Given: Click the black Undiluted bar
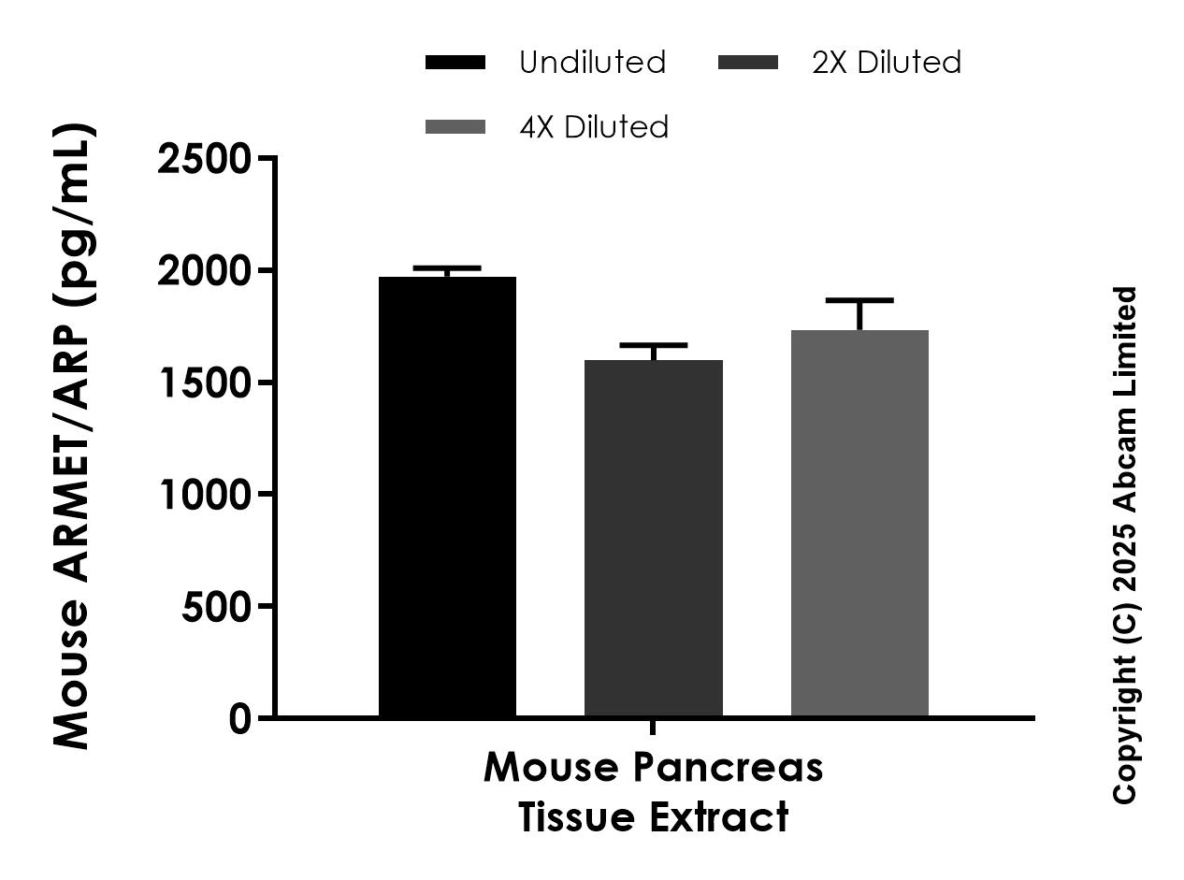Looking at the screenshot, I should (x=447, y=496).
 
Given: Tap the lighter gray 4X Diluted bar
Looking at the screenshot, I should (x=859, y=523).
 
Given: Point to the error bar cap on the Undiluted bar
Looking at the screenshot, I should (x=447, y=268).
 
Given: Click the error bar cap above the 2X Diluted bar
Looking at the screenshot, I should (x=653, y=345).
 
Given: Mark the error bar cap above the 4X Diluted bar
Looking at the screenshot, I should (x=859, y=300).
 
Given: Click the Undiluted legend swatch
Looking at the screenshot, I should (x=455, y=63).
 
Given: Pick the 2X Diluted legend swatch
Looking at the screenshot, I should (x=747, y=63).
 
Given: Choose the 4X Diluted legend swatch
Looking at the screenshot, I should (x=455, y=126).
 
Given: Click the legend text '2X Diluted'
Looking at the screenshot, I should (x=886, y=63).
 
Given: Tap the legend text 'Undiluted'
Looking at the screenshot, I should (x=592, y=63).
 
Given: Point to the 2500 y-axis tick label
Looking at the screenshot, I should (x=204, y=159).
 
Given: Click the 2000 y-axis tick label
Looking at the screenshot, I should (x=204, y=271).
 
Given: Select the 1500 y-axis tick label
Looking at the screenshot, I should (x=204, y=382).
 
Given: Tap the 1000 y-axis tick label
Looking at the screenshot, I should (x=204, y=494).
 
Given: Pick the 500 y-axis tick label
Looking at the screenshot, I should (x=216, y=607).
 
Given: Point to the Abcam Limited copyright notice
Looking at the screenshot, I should (x=1125, y=544).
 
